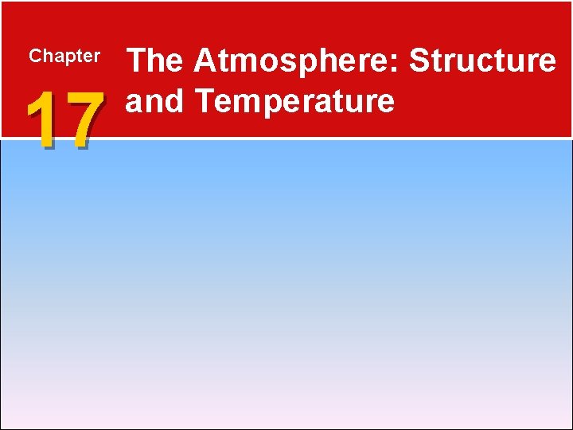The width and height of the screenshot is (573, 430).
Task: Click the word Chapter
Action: [x=64, y=57]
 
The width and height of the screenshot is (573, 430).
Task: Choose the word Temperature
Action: [x=294, y=101]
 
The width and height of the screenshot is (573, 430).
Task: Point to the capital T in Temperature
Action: [x=203, y=101]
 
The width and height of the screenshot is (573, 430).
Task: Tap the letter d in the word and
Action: [x=173, y=101]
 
